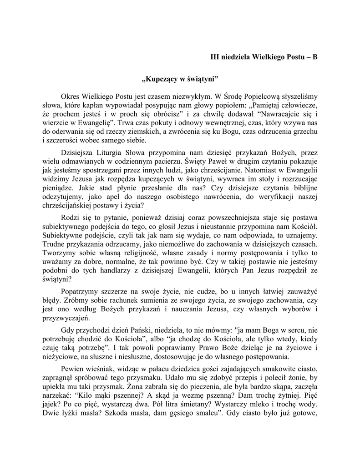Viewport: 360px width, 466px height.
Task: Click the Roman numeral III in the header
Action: pos(214,57)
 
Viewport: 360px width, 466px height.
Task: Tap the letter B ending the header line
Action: pos(314,57)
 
